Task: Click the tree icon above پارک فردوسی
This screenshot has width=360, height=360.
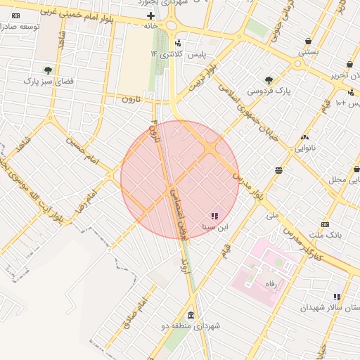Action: pos(269,80)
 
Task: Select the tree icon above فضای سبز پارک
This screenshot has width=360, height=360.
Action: pos(48,70)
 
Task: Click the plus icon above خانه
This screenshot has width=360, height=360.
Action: pos(150,15)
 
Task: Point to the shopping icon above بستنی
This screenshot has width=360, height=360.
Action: pos(309,41)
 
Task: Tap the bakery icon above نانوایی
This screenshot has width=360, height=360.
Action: pos(304,137)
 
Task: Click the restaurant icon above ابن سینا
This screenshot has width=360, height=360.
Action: pos(214,215)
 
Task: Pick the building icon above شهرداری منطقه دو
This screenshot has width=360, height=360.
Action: pos(191,314)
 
